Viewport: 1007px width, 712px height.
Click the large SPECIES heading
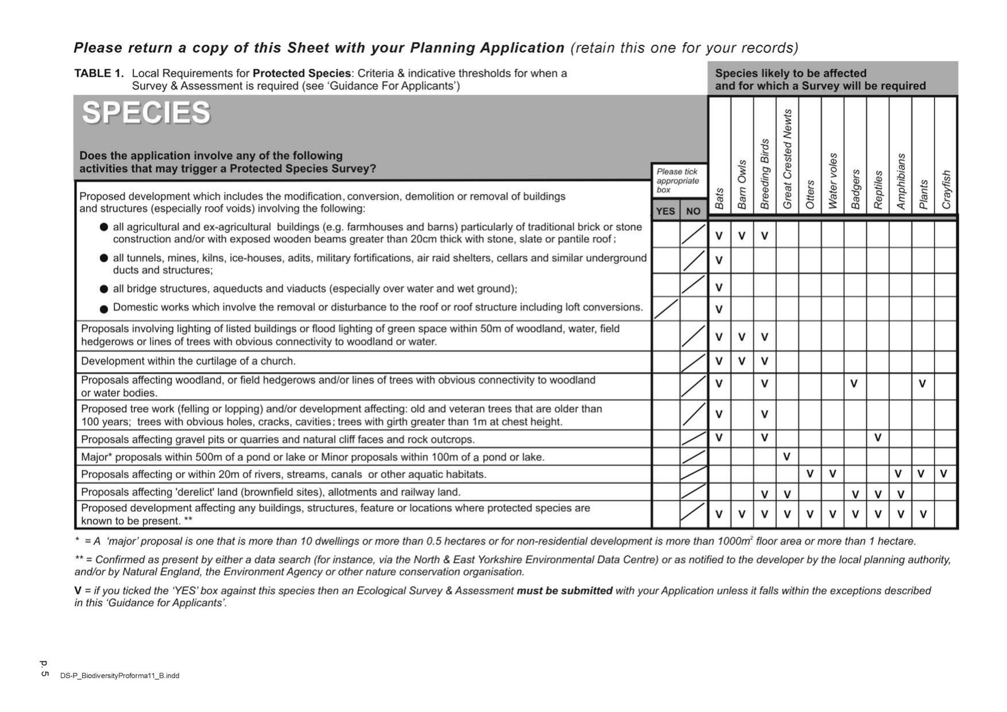tap(146, 113)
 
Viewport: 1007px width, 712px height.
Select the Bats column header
tap(719, 198)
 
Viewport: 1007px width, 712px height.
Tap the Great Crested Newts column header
tap(787, 159)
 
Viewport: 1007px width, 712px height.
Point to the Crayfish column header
tap(946, 189)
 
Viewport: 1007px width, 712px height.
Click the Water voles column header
tap(832, 181)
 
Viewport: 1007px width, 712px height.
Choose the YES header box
tap(665, 211)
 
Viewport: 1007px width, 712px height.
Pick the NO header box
tap(693, 211)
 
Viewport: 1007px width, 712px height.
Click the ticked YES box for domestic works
tap(666, 309)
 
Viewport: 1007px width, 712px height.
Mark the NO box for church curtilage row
tap(694, 362)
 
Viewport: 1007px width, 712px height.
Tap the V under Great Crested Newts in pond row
tap(787, 457)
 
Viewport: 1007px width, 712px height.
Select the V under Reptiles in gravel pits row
tap(877, 438)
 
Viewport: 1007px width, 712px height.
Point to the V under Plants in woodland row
tap(922, 384)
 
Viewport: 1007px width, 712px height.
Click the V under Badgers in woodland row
tap(854, 384)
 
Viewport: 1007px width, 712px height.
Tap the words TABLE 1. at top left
tap(99, 73)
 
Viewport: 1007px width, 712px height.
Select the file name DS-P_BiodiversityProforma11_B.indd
tap(119, 676)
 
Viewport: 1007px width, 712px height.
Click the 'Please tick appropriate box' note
tap(678, 180)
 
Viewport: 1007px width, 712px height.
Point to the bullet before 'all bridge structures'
tap(104, 289)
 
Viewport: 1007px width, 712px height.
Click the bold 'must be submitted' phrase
tap(564, 591)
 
